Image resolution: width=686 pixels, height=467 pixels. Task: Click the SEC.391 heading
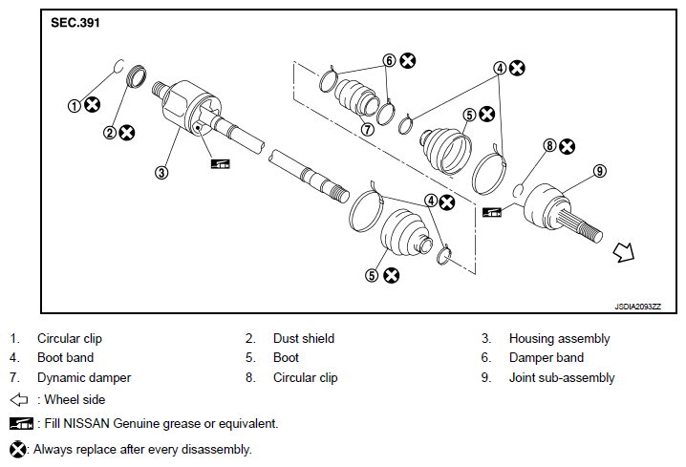point(75,23)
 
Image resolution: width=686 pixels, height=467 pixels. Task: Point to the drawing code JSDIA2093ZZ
point(637,307)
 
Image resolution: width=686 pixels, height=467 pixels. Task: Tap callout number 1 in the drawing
point(74,106)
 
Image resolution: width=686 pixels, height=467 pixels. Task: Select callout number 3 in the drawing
point(161,173)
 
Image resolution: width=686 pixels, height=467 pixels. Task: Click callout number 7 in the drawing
point(368,129)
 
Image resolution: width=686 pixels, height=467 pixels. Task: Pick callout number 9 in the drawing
point(600,171)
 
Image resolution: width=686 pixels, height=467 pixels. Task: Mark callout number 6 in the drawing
point(389,60)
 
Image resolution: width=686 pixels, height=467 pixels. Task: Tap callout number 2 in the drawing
point(110,133)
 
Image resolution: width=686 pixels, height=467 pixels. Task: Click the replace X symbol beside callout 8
point(568,146)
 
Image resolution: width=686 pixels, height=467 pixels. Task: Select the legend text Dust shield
point(304,338)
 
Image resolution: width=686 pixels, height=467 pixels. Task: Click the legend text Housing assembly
point(559,339)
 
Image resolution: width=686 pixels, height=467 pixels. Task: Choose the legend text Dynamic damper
point(84,378)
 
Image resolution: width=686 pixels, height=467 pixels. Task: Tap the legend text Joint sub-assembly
point(562,378)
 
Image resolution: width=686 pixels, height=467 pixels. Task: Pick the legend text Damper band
point(547,358)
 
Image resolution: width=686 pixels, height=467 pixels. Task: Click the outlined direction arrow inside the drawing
point(624,252)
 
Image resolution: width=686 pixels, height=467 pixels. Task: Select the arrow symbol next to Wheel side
point(19,399)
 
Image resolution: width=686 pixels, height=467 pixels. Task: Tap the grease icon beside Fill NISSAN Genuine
point(21,423)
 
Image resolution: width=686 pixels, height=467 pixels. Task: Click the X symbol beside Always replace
point(17,450)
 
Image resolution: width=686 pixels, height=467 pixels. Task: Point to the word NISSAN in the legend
point(86,424)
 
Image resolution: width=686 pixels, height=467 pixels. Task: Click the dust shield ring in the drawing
point(137,76)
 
